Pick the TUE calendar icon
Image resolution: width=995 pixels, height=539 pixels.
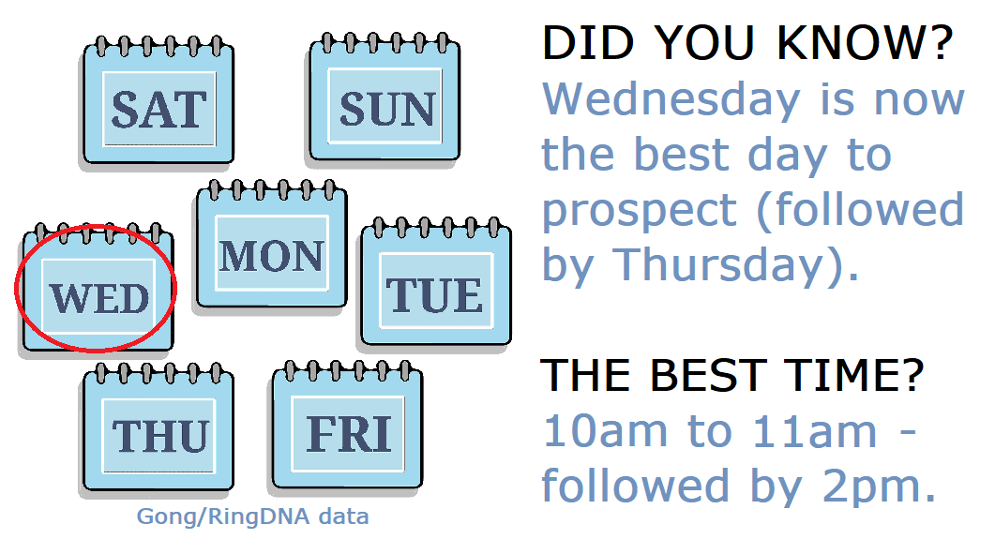click(x=436, y=292)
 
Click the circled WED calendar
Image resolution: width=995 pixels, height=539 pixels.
click(x=98, y=296)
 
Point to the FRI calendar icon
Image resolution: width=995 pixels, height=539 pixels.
click(x=348, y=432)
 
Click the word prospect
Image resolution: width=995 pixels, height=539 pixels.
click(x=639, y=210)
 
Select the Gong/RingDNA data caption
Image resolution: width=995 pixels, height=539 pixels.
click(x=252, y=517)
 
